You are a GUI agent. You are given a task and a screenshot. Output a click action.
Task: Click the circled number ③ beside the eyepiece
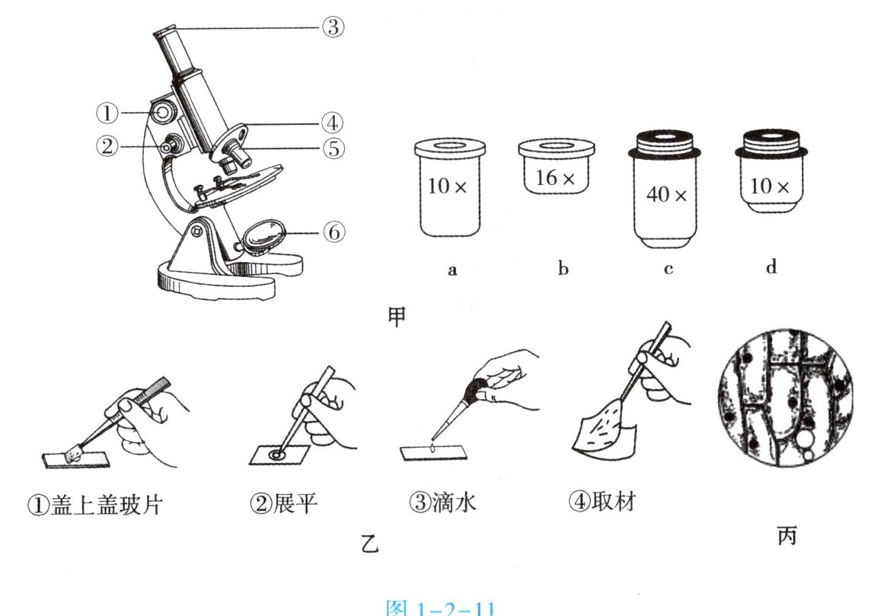pos(333,28)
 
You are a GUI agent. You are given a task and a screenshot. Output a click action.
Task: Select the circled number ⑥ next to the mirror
pos(333,231)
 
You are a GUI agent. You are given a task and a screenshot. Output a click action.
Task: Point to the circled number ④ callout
pos(332,122)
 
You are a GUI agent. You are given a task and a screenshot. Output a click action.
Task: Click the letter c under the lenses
pos(668,270)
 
